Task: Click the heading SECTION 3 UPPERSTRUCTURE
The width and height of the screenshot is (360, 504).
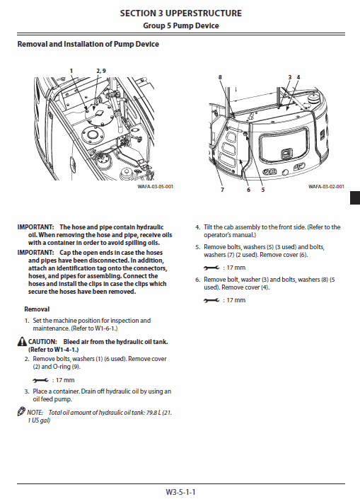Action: (180, 13)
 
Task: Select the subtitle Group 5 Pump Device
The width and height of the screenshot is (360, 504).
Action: (180, 25)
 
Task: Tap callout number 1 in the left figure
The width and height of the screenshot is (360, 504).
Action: (71, 71)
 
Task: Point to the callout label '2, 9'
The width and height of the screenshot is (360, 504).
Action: (100, 71)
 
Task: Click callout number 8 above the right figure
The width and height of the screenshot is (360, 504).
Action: (220, 76)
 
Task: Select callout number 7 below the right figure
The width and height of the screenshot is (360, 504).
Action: (221, 190)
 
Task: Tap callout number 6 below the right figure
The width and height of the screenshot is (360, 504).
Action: (248, 190)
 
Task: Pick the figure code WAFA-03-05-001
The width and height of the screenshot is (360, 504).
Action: (155, 186)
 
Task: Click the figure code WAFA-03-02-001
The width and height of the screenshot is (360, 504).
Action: (326, 186)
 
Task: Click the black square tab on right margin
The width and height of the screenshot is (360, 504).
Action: (355, 201)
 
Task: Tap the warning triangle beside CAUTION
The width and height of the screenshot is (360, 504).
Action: (23, 341)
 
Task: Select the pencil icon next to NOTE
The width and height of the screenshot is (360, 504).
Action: (21, 412)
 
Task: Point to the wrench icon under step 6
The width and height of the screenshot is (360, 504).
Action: (210, 301)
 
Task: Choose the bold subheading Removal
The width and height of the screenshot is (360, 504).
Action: (37, 309)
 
